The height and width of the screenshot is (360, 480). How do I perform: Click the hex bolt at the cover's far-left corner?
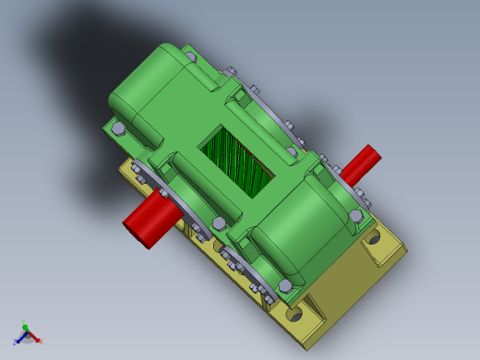tap(118, 128)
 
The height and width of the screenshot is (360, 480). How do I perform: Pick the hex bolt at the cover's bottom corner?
tap(285, 285)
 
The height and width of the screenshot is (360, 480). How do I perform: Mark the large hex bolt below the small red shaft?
tap(355, 215)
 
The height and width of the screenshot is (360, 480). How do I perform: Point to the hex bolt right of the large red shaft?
tap(219, 223)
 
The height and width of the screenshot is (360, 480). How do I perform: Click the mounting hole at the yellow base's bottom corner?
tap(294, 314)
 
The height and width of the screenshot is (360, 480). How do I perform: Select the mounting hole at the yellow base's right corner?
tap(372, 237)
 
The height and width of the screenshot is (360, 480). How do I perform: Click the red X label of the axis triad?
tap(40, 342)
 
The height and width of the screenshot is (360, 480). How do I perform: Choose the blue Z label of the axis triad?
tap(14, 342)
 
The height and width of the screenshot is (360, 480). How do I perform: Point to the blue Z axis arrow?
tap(19, 337)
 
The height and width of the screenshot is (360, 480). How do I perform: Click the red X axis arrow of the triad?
tap(32, 337)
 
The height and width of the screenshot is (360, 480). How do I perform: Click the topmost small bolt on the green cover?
tap(190, 56)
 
